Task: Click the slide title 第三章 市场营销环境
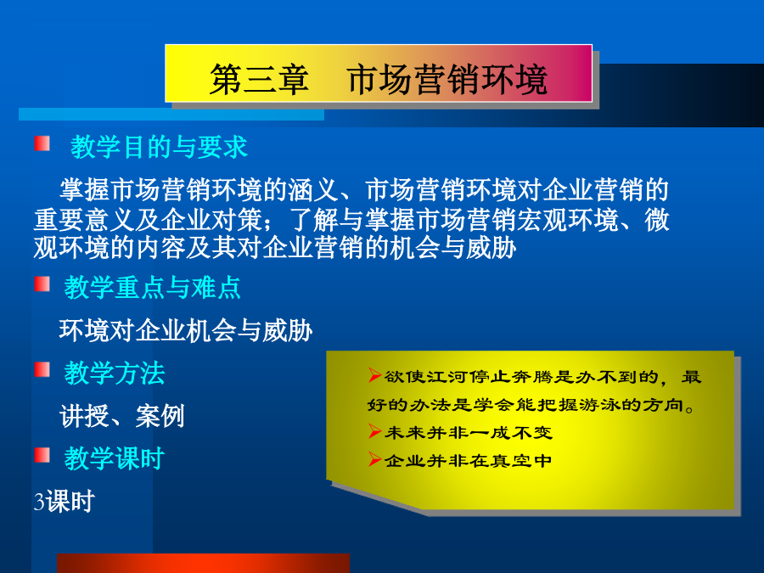(x=379, y=80)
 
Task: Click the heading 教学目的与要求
(x=159, y=147)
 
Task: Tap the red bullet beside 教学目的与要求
(x=42, y=143)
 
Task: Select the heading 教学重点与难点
(x=153, y=287)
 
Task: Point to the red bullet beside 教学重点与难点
(x=42, y=284)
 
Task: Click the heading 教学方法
(x=115, y=374)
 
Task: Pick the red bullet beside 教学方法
(x=42, y=370)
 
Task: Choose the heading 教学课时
(x=115, y=458)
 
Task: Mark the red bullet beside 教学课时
(x=42, y=455)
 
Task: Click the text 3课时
(x=64, y=502)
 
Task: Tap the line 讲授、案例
(x=121, y=416)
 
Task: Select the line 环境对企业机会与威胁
(x=186, y=331)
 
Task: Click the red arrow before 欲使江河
(x=374, y=375)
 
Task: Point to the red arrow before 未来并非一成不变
(x=374, y=431)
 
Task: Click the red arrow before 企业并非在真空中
(x=374, y=459)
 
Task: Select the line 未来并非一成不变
(x=469, y=433)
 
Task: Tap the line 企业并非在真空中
(x=469, y=460)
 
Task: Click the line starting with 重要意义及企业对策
(x=351, y=220)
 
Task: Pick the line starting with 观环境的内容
(x=275, y=248)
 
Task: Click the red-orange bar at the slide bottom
(x=203, y=564)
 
